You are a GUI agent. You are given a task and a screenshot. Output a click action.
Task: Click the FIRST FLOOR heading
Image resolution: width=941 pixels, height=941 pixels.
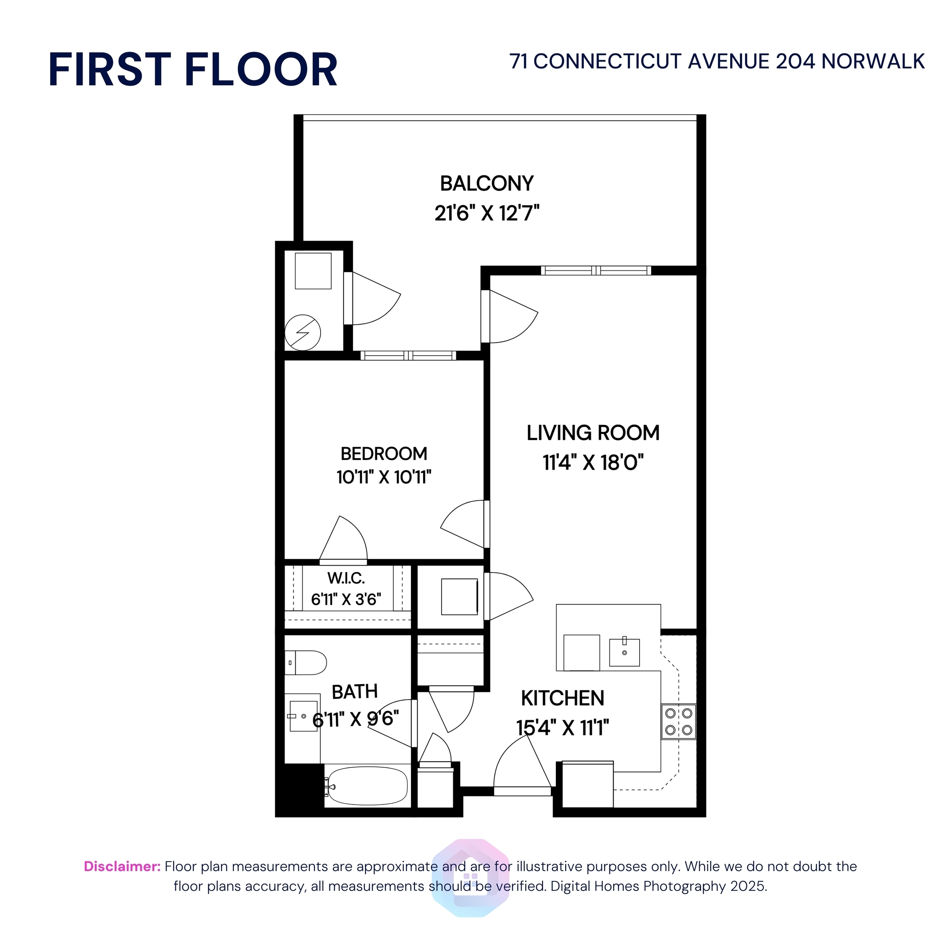(x=193, y=70)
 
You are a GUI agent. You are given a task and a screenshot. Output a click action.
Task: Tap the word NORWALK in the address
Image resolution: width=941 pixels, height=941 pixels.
(x=873, y=62)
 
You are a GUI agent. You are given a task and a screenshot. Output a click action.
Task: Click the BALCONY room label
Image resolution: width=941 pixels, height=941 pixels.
(x=486, y=184)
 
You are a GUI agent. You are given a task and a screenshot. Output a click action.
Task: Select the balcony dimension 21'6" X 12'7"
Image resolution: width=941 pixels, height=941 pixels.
(x=486, y=213)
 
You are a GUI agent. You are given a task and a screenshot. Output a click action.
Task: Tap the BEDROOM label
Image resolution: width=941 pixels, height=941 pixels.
(x=384, y=453)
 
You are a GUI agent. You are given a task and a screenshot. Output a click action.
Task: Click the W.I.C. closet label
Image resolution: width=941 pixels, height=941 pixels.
(x=346, y=578)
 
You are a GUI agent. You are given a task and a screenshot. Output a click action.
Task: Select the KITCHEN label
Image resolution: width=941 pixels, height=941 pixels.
(x=562, y=698)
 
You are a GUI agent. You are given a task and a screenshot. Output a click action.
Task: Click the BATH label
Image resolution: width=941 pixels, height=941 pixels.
(x=355, y=691)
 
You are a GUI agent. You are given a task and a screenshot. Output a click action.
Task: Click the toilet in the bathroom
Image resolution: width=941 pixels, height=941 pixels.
(x=306, y=662)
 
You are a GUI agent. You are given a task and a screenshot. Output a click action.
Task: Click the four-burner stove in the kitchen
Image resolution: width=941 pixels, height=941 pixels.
(x=678, y=721)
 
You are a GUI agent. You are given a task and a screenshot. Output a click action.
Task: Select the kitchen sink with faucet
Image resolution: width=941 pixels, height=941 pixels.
(x=624, y=652)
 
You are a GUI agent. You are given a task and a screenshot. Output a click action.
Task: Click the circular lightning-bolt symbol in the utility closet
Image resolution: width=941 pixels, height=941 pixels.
(x=303, y=333)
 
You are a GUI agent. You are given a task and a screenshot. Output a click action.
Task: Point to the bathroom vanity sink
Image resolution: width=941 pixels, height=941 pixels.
(x=303, y=716)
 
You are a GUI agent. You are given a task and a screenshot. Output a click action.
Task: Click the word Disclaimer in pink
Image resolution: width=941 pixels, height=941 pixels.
(x=122, y=867)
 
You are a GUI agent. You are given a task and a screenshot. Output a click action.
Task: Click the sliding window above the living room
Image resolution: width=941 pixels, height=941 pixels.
(x=595, y=270)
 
